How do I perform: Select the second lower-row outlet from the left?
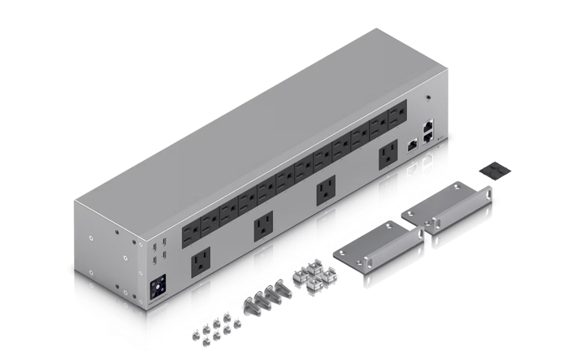click(x=263, y=228)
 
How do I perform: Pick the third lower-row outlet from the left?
click(x=326, y=191)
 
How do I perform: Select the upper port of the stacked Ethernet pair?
click(x=428, y=126)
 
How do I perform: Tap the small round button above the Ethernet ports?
click(x=428, y=100)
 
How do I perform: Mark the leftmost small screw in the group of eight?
click(x=196, y=332)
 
